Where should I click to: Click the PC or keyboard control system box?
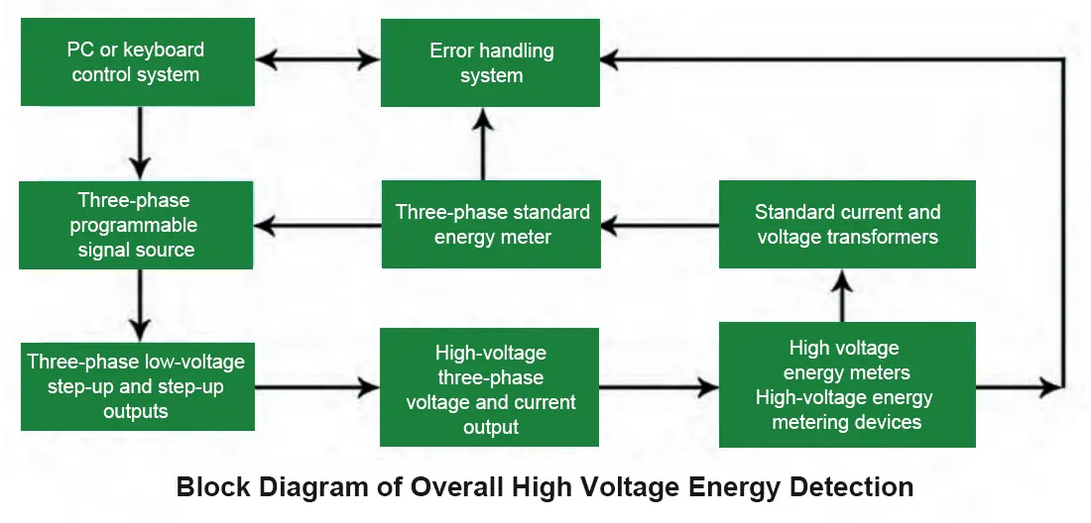pyautogui.click(x=138, y=61)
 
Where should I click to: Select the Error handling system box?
pyautogui.click(x=490, y=62)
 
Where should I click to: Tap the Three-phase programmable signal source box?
pyautogui.click(x=136, y=225)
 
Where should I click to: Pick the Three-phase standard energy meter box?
pyautogui.click(x=491, y=224)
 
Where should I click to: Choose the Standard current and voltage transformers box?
pyautogui.click(x=847, y=224)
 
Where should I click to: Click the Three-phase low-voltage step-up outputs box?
pyautogui.click(x=138, y=386)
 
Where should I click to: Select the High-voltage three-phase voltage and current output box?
pyautogui.click(x=489, y=387)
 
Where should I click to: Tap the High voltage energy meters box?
pyautogui.click(x=847, y=384)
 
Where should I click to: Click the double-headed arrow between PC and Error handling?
pyautogui.click(x=317, y=59)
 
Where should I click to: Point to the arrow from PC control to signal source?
pyautogui.click(x=140, y=144)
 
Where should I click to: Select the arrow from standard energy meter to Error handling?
pyautogui.click(x=483, y=144)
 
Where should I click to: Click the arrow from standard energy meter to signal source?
pyautogui.click(x=317, y=225)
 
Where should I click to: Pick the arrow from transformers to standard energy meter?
pyautogui.click(x=660, y=225)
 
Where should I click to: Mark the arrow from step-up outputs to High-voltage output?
pyautogui.click(x=317, y=387)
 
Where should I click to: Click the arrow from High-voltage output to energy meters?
pyautogui.click(x=659, y=387)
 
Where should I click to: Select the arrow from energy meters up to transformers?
pyautogui.click(x=843, y=295)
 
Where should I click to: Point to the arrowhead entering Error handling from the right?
pyautogui.click(x=610, y=59)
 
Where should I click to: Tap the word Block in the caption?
pyautogui.click(x=213, y=486)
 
